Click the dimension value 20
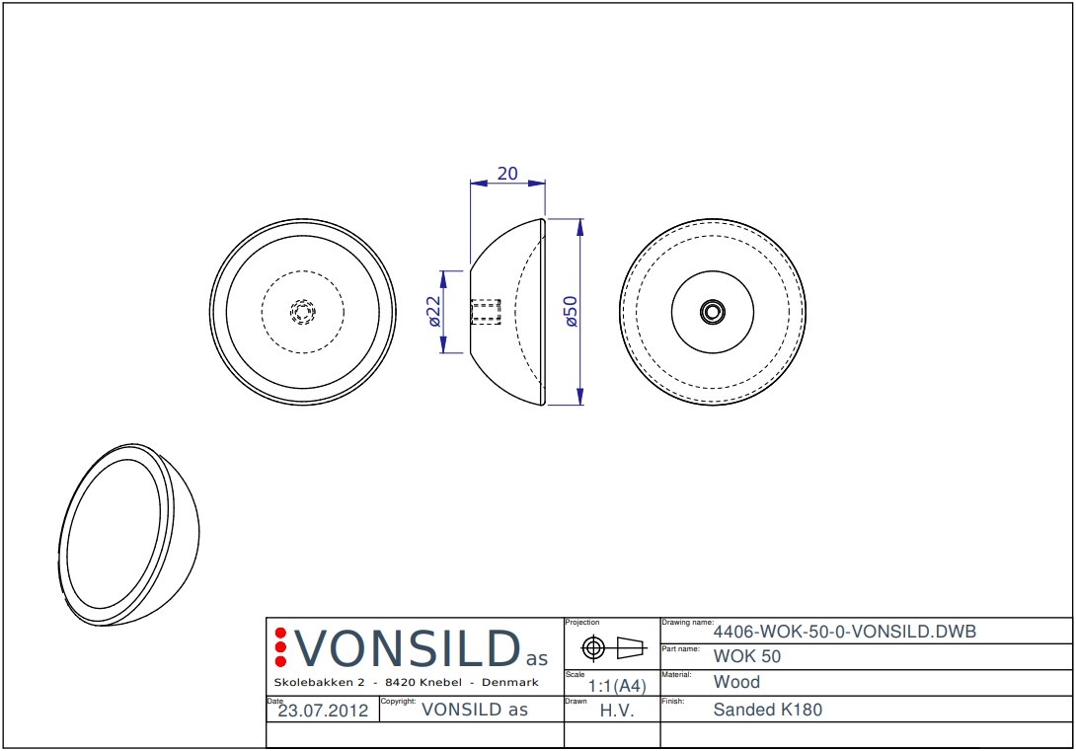[x=507, y=174]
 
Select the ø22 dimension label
[x=433, y=312]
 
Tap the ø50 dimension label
[x=571, y=312]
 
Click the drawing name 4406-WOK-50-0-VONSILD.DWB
[x=844, y=631]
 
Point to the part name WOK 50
[x=746, y=656]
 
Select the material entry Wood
[x=736, y=682]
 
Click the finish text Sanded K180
[x=767, y=710]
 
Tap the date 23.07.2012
[x=323, y=711]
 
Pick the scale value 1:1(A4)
[x=617, y=686]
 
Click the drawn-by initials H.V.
[x=616, y=711]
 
